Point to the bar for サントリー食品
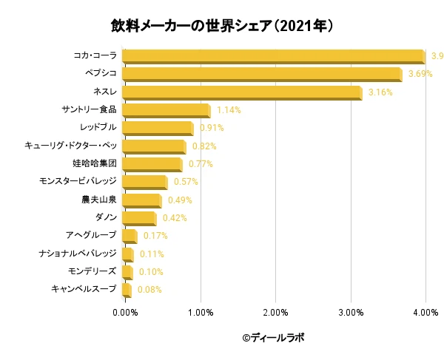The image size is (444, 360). [x=166, y=110]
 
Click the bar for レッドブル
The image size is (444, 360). [x=157, y=128]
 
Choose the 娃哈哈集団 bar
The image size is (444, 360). [x=152, y=164]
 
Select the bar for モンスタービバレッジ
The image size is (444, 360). [x=144, y=182]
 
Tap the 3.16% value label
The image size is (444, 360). [x=380, y=92]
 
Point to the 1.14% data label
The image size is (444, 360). [x=229, y=110]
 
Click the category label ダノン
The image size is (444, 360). [x=106, y=217]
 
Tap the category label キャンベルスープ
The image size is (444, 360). [x=84, y=289]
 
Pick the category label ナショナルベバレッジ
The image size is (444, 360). [x=78, y=254]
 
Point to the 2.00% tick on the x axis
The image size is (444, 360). [x=275, y=313]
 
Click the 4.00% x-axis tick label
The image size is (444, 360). [x=425, y=313]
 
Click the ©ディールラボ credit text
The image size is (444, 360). [x=273, y=338]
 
